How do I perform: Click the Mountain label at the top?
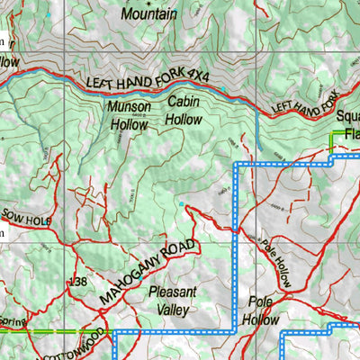(148, 15)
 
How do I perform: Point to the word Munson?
(130, 108)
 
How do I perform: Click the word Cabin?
(183, 102)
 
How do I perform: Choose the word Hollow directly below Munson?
(129, 125)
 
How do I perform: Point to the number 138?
(77, 283)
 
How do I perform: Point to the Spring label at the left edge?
(13, 320)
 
